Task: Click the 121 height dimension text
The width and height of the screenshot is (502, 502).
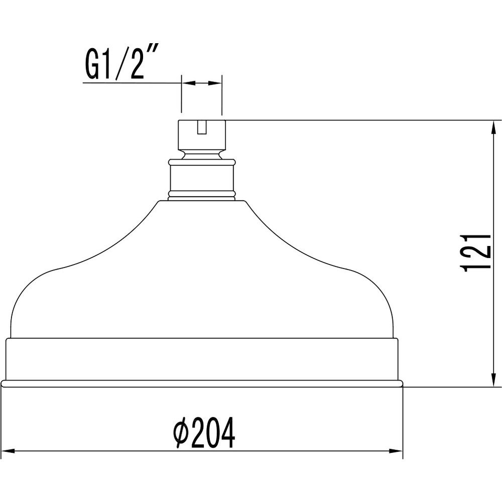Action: point(475,253)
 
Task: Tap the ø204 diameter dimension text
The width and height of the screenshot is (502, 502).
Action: point(204,434)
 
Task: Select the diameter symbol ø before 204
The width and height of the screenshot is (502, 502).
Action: point(181,434)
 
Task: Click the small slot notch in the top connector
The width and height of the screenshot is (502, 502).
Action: point(201,127)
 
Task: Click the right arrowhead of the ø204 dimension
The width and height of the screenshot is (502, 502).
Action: point(396,451)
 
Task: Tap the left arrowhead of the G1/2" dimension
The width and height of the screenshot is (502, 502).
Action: point(188,83)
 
